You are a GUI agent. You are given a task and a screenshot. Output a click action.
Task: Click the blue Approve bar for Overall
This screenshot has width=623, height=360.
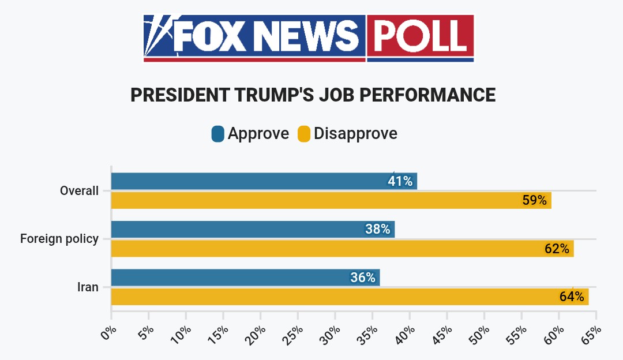(x=248, y=181)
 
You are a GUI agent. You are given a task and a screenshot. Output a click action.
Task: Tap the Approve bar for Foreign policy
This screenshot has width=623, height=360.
(x=237, y=229)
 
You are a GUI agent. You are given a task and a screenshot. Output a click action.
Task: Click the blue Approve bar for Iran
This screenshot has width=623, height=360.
(x=231, y=277)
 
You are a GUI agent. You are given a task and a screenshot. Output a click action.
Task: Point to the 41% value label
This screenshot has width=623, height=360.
(x=400, y=181)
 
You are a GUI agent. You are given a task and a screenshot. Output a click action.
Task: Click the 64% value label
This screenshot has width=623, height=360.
(x=572, y=297)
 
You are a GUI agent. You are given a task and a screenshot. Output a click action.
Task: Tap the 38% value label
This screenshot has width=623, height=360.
(x=378, y=229)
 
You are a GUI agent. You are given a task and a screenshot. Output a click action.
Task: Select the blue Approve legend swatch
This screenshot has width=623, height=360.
(x=217, y=134)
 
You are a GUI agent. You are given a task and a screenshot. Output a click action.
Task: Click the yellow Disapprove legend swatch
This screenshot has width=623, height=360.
(x=303, y=134)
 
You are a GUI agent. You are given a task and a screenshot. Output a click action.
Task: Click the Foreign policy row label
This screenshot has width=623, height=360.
(x=59, y=238)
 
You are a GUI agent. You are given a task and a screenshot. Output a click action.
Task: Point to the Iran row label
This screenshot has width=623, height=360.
(x=88, y=287)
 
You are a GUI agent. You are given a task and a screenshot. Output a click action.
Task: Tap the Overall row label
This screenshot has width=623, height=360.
(x=79, y=190)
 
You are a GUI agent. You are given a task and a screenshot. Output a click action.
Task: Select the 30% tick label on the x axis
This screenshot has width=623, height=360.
(x=331, y=333)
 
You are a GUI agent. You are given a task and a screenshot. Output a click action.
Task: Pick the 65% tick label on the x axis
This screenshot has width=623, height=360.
(x=592, y=333)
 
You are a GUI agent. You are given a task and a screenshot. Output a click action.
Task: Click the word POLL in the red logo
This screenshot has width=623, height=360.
(x=420, y=36)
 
